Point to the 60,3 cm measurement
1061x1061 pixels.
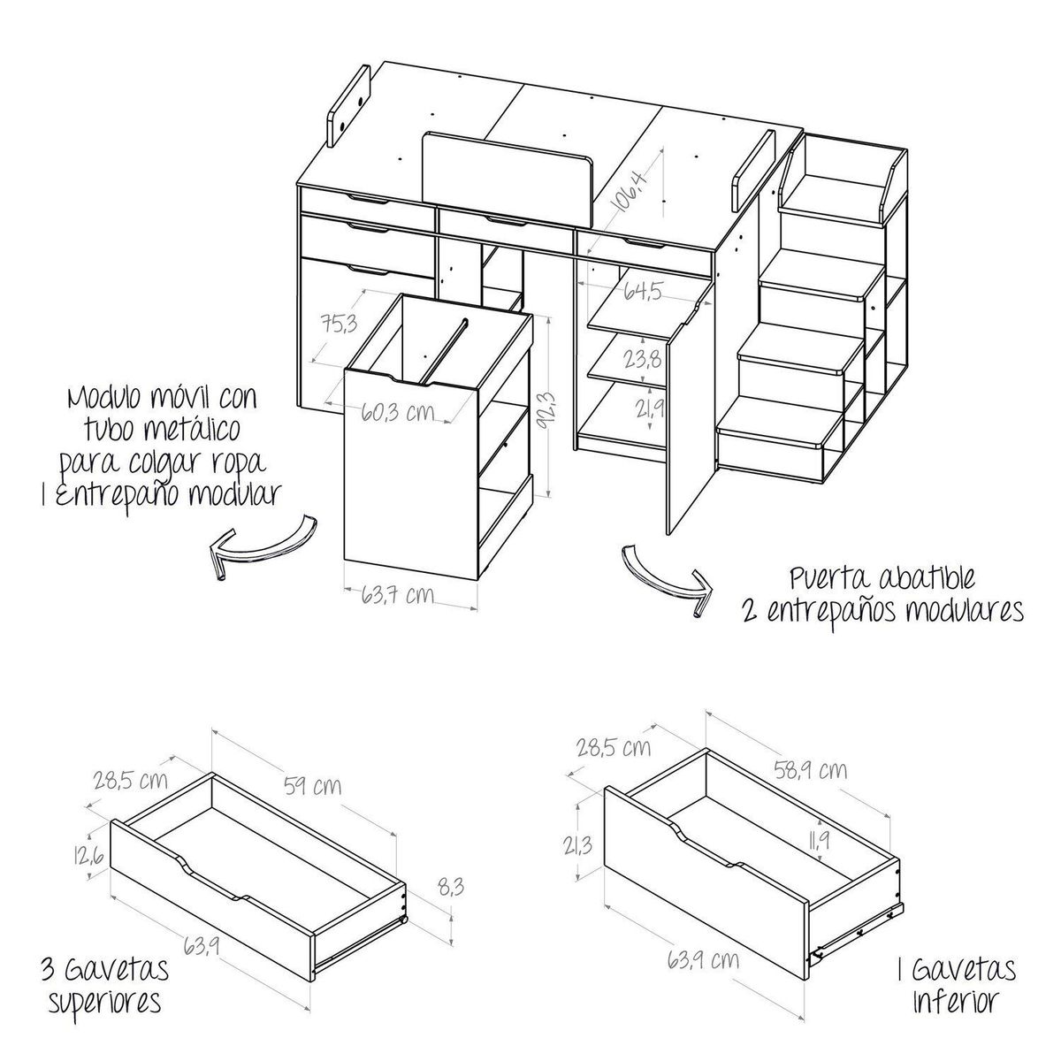402,412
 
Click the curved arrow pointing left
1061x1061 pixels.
260,545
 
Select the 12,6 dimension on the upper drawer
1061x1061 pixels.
90,855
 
